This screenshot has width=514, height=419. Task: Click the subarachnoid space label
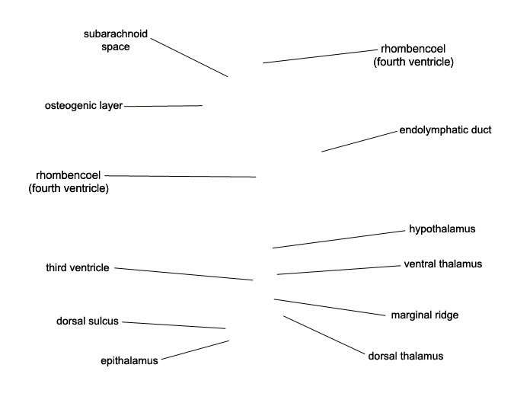(x=116, y=40)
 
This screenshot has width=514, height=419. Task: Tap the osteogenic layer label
(x=84, y=106)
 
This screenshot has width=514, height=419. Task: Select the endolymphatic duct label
(x=445, y=130)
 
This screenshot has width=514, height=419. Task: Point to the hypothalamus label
(x=442, y=229)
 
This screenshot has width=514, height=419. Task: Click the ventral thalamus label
(x=443, y=264)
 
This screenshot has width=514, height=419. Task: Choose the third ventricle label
(x=78, y=267)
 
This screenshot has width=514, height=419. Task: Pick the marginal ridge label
(x=425, y=315)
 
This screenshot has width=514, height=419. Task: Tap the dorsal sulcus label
(x=88, y=321)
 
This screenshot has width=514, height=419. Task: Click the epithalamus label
(x=129, y=360)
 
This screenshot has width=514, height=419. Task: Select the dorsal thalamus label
(x=406, y=356)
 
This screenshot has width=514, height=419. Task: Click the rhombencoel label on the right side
(x=413, y=55)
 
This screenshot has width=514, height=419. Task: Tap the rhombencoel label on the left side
(x=69, y=181)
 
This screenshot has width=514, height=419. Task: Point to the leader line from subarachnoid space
(x=190, y=57)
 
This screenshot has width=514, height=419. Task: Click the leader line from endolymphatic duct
(x=359, y=141)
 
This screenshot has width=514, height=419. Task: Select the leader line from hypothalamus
(x=339, y=239)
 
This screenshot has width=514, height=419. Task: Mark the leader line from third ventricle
(x=184, y=274)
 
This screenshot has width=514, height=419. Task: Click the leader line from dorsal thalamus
(x=324, y=335)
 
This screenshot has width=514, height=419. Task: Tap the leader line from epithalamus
(x=196, y=350)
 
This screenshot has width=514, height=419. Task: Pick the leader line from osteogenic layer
(x=163, y=106)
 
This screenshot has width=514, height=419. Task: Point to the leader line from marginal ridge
(x=330, y=307)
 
